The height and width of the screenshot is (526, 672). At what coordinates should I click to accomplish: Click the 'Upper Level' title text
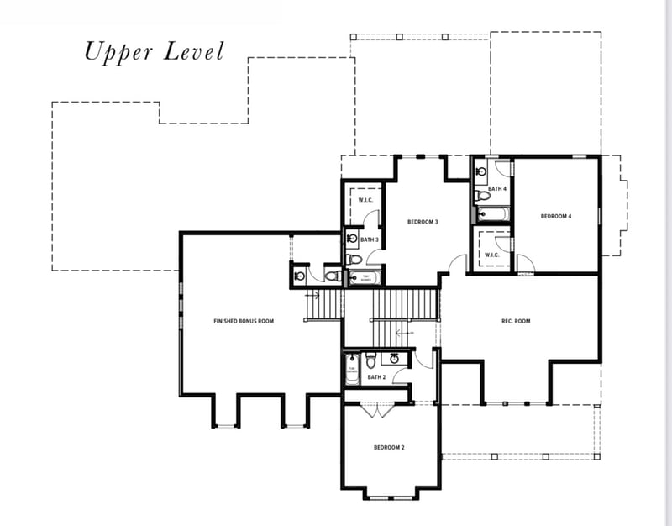(x=154, y=51)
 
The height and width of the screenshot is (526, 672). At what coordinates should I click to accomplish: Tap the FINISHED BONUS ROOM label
(x=244, y=321)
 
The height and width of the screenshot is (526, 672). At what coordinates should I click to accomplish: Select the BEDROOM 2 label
(x=389, y=448)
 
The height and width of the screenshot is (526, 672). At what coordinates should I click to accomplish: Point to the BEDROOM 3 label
(x=423, y=222)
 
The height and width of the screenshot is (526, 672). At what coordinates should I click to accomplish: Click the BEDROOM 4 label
(x=555, y=217)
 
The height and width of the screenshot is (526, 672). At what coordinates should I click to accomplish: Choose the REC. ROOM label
(x=516, y=321)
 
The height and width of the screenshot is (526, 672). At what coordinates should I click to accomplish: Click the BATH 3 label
(x=370, y=240)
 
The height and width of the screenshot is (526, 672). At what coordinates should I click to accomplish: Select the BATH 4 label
(x=497, y=189)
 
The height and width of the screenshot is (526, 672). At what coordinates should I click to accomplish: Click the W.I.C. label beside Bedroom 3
(x=365, y=200)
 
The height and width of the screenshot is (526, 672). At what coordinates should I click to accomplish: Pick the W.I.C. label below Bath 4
(x=492, y=255)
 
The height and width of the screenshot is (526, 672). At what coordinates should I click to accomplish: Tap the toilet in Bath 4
(x=481, y=195)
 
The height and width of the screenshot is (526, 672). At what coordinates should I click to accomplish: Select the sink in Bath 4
(x=480, y=171)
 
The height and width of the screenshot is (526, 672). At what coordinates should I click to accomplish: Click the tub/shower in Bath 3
(x=365, y=276)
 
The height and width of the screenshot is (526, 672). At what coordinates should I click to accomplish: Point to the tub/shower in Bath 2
(x=351, y=367)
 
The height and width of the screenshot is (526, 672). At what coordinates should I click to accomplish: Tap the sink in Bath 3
(x=352, y=239)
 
